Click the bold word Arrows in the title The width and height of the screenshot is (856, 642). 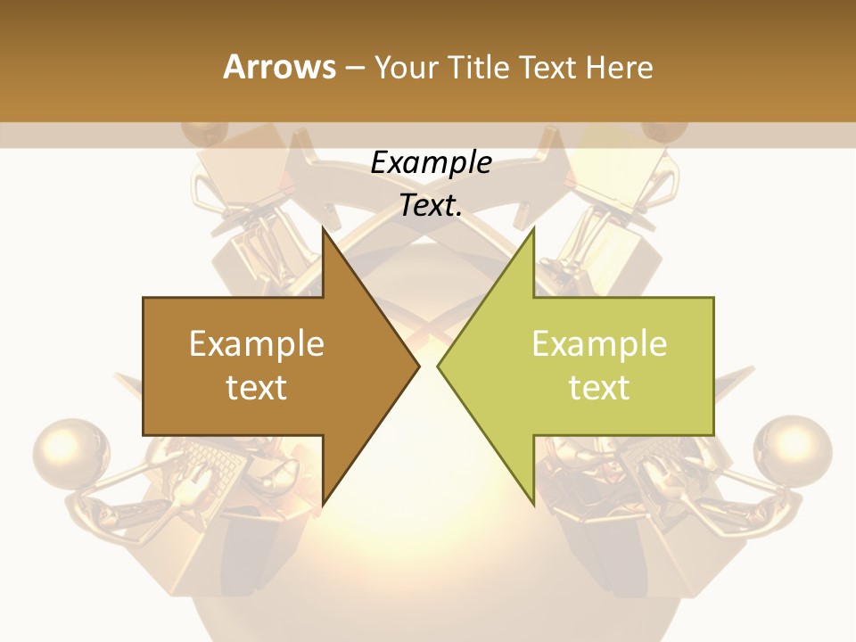[x=279, y=67]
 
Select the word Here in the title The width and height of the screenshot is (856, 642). [x=619, y=67]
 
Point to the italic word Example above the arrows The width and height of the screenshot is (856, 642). [x=431, y=162]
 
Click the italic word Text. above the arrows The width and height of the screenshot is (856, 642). [x=431, y=206]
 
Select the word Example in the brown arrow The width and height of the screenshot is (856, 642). [x=257, y=344]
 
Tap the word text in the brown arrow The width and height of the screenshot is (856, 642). [x=257, y=387]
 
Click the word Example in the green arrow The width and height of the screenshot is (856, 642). [x=599, y=344]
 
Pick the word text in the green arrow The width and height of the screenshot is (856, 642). [x=599, y=387]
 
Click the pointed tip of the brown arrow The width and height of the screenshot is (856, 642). [x=416, y=366]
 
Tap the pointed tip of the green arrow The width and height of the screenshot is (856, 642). [x=440, y=366]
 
